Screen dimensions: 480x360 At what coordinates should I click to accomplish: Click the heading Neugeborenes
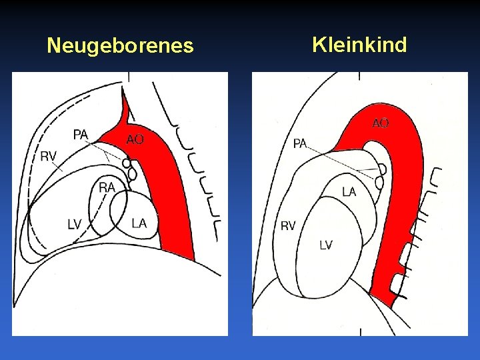coord(120,46)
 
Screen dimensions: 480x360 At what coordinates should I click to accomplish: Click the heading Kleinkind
coord(359,45)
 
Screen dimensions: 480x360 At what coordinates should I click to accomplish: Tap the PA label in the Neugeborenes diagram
coord(81,135)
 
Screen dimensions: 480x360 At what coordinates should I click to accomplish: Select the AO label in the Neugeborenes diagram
coord(135,139)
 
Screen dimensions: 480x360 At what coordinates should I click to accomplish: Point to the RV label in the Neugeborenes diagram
coord(49,157)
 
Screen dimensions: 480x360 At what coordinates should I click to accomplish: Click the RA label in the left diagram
coord(107,187)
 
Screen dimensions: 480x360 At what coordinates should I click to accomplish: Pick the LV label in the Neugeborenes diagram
coord(74,224)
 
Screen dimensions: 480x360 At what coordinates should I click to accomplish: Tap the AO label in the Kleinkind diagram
coord(381,123)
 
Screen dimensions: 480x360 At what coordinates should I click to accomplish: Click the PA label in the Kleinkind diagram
coord(300,144)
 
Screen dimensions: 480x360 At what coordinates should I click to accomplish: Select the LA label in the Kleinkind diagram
coord(349,192)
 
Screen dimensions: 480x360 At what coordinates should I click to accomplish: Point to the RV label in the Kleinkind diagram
coord(288,227)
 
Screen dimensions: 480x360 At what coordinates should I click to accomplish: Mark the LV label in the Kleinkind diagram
coord(325,245)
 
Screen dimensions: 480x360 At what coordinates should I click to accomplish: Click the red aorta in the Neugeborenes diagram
coord(170,200)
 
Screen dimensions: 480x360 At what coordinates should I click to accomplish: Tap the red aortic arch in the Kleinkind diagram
coord(400,153)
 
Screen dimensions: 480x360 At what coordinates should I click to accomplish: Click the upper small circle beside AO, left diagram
coord(126,163)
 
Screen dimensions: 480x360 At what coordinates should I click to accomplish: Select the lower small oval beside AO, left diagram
coord(131,173)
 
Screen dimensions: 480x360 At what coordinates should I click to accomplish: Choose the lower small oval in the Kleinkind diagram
coord(380,181)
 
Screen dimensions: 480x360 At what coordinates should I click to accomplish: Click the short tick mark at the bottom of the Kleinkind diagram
coord(360,331)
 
